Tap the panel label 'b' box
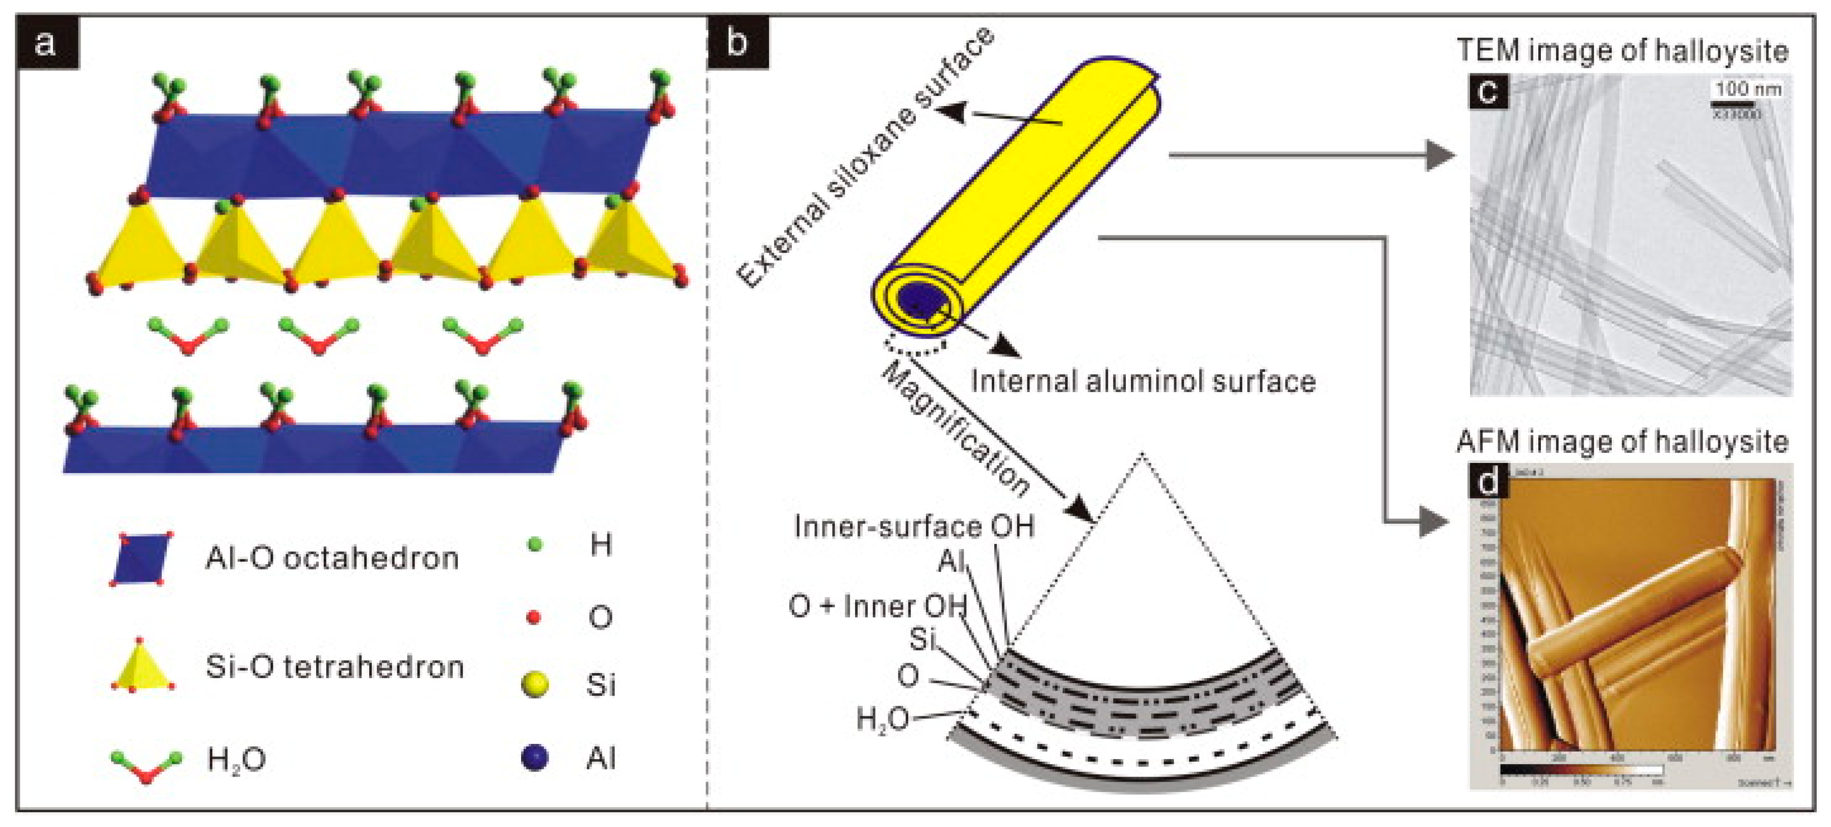point(737,43)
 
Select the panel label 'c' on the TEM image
point(1488,92)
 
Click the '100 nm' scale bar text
point(1748,89)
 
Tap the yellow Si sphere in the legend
point(534,684)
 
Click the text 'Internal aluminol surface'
point(1143,381)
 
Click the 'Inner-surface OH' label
point(913,527)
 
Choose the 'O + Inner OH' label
point(878,606)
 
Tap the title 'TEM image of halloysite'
point(1622,51)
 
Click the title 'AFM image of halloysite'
point(1622,442)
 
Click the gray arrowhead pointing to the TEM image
point(1440,155)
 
